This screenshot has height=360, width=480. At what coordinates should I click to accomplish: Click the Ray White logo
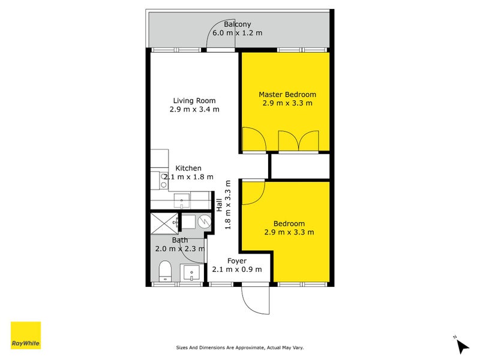[26, 335]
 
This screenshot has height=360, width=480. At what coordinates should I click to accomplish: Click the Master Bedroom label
[287, 94]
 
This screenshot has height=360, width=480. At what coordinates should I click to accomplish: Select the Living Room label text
[194, 100]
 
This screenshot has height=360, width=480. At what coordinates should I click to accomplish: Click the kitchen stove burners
[163, 181]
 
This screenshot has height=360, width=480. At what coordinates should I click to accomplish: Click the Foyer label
[237, 261]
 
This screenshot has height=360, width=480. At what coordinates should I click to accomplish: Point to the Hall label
[220, 205]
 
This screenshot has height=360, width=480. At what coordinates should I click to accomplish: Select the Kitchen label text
[188, 168]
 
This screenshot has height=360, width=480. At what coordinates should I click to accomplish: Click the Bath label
[179, 240]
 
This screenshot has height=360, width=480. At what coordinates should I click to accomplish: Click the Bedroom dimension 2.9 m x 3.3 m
[289, 232]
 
